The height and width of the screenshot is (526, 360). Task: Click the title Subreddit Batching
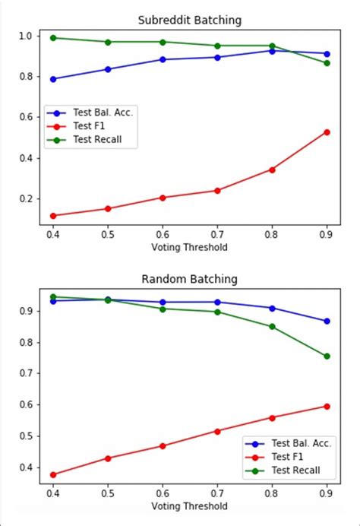click(190, 20)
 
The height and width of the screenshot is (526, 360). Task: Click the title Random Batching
click(190, 279)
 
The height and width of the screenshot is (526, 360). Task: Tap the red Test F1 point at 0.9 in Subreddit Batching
click(327, 131)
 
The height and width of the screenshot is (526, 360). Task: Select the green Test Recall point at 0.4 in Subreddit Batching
click(53, 37)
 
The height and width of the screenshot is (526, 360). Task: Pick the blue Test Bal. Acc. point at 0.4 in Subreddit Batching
click(53, 79)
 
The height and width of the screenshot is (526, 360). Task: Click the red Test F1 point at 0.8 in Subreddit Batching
click(272, 170)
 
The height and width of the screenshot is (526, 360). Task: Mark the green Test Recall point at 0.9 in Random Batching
click(327, 356)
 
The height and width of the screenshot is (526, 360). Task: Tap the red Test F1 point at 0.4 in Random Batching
click(53, 474)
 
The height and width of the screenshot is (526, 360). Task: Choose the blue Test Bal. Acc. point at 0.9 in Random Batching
click(327, 321)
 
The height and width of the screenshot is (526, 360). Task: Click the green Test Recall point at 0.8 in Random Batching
click(272, 326)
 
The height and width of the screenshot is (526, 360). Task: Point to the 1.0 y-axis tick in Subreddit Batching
click(27, 36)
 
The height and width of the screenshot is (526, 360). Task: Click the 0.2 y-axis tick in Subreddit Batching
click(27, 199)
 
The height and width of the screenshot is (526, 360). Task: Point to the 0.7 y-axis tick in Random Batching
click(27, 373)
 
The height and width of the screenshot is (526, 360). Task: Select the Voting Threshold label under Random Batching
click(190, 505)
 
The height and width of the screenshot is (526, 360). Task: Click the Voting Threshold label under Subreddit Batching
click(190, 247)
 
